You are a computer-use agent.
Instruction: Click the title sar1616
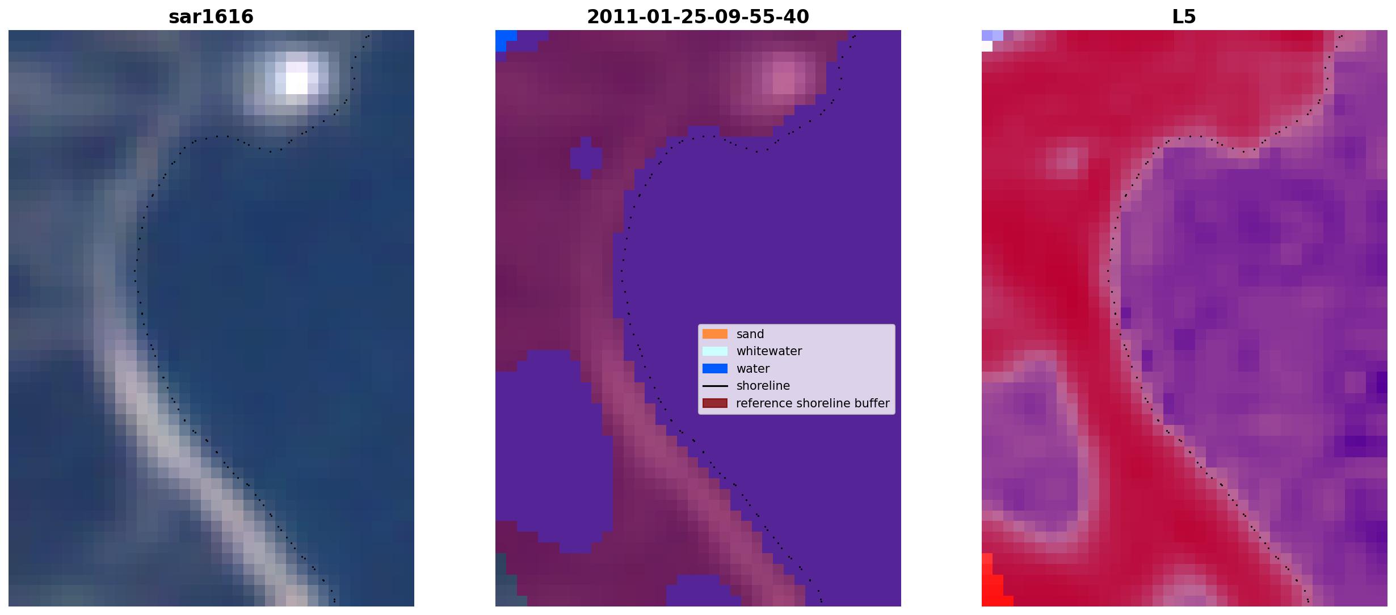[x=211, y=17]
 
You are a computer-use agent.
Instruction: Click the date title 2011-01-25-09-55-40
[x=698, y=17]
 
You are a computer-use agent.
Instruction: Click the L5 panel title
[x=1184, y=17]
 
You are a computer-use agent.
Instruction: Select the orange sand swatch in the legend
[x=715, y=334]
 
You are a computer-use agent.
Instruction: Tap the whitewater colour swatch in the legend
[x=715, y=351]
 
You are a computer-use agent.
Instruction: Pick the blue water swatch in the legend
[x=715, y=369]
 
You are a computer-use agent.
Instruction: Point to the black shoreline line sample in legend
[x=715, y=386]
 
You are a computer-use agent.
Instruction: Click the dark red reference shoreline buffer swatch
[x=715, y=403]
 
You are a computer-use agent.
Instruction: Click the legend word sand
[x=750, y=334]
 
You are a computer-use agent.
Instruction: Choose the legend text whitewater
[x=769, y=351]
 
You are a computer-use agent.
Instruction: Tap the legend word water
[x=753, y=369]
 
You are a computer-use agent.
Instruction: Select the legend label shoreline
[x=763, y=386]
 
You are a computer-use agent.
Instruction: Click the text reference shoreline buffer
[x=813, y=403]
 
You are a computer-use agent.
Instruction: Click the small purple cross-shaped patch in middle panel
[x=586, y=158]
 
